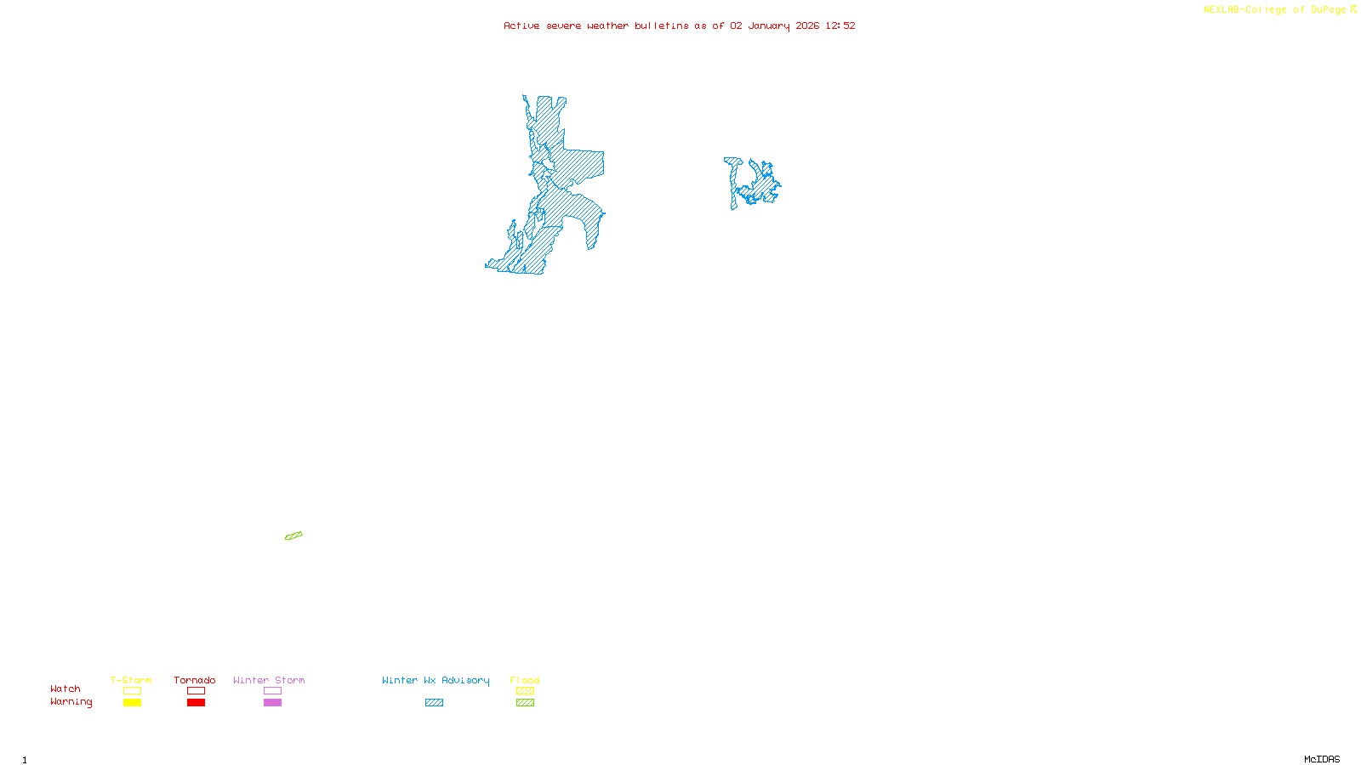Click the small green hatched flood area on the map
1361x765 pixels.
click(x=293, y=535)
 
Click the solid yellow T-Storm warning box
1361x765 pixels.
click(x=132, y=703)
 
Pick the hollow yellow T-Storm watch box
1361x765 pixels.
click(x=132, y=691)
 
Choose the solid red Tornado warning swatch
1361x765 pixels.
click(x=196, y=703)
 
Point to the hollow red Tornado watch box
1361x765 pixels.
click(x=196, y=691)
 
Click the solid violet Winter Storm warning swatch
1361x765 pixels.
click(x=272, y=703)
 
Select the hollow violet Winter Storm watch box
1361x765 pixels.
click(x=272, y=691)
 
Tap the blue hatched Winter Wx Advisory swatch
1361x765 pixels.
click(x=434, y=703)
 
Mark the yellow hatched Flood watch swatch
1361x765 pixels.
click(x=525, y=691)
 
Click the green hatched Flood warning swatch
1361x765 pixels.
click(x=525, y=703)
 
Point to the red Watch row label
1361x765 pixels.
click(x=65, y=689)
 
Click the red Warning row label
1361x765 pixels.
click(x=71, y=702)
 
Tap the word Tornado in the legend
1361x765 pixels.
click(x=195, y=680)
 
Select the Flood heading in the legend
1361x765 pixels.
click(x=525, y=680)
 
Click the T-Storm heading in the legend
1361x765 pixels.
click(x=131, y=680)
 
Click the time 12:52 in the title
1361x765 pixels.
click(x=840, y=25)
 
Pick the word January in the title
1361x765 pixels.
click(x=769, y=25)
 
